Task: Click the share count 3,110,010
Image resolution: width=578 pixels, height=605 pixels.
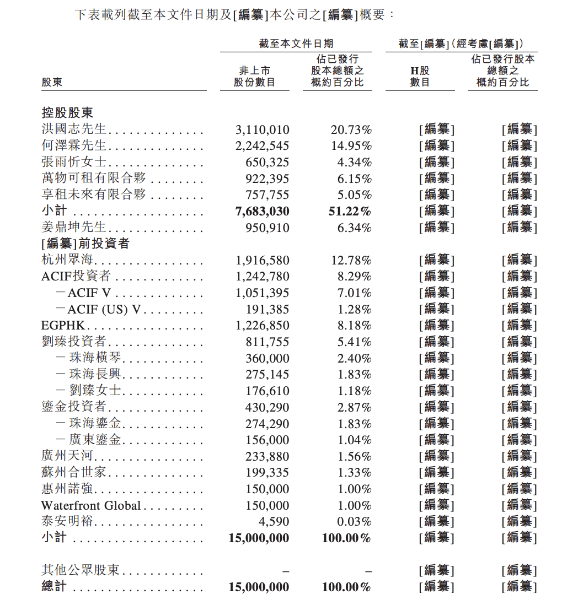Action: click(x=262, y=130)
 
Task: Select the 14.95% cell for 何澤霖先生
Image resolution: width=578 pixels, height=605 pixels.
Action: click(x=351, y=146)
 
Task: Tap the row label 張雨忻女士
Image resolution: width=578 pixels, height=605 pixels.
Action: click(x=74, y=163)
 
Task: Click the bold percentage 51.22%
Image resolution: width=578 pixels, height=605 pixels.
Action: click(x=349, y=212)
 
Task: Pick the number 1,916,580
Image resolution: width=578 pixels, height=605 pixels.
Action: click(x=262, y=260)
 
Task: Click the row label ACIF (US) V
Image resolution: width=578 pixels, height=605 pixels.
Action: click(x=104, y=310)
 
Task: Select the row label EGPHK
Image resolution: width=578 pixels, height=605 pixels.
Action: click(x=63, y=326)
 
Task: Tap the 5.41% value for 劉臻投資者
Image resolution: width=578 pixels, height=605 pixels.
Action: click(x=355, y=342)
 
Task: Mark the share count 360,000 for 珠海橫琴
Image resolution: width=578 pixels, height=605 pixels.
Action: click(x=267, y=359)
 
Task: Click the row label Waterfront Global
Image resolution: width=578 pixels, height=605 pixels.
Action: click(x=91, y=506)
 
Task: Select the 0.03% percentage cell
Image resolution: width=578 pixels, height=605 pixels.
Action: click(x=355, y=522)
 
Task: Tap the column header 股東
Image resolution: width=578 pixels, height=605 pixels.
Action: click(x=52, y=82)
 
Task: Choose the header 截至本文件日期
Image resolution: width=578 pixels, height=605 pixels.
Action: click(x=296, y=44)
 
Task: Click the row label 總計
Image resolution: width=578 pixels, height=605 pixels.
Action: click(x=53, y=587)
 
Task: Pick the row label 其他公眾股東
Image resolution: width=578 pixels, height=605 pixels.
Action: click(x=80, y=570)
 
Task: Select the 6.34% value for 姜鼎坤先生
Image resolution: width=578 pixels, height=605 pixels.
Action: click(x=355, y=228)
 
